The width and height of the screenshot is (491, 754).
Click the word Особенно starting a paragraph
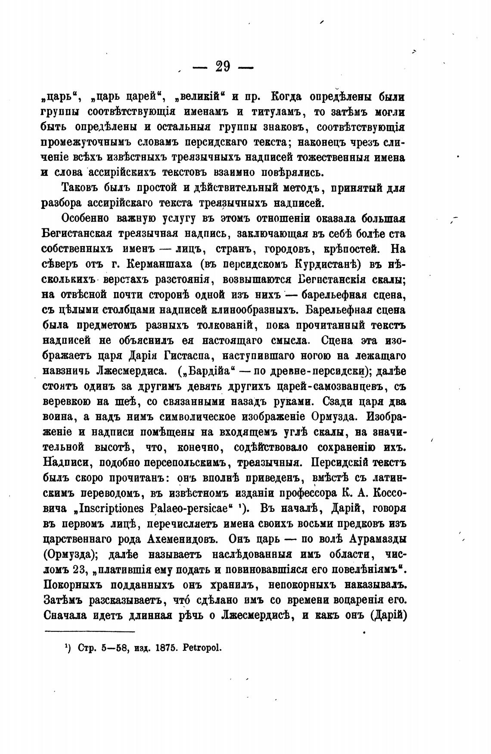85,219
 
